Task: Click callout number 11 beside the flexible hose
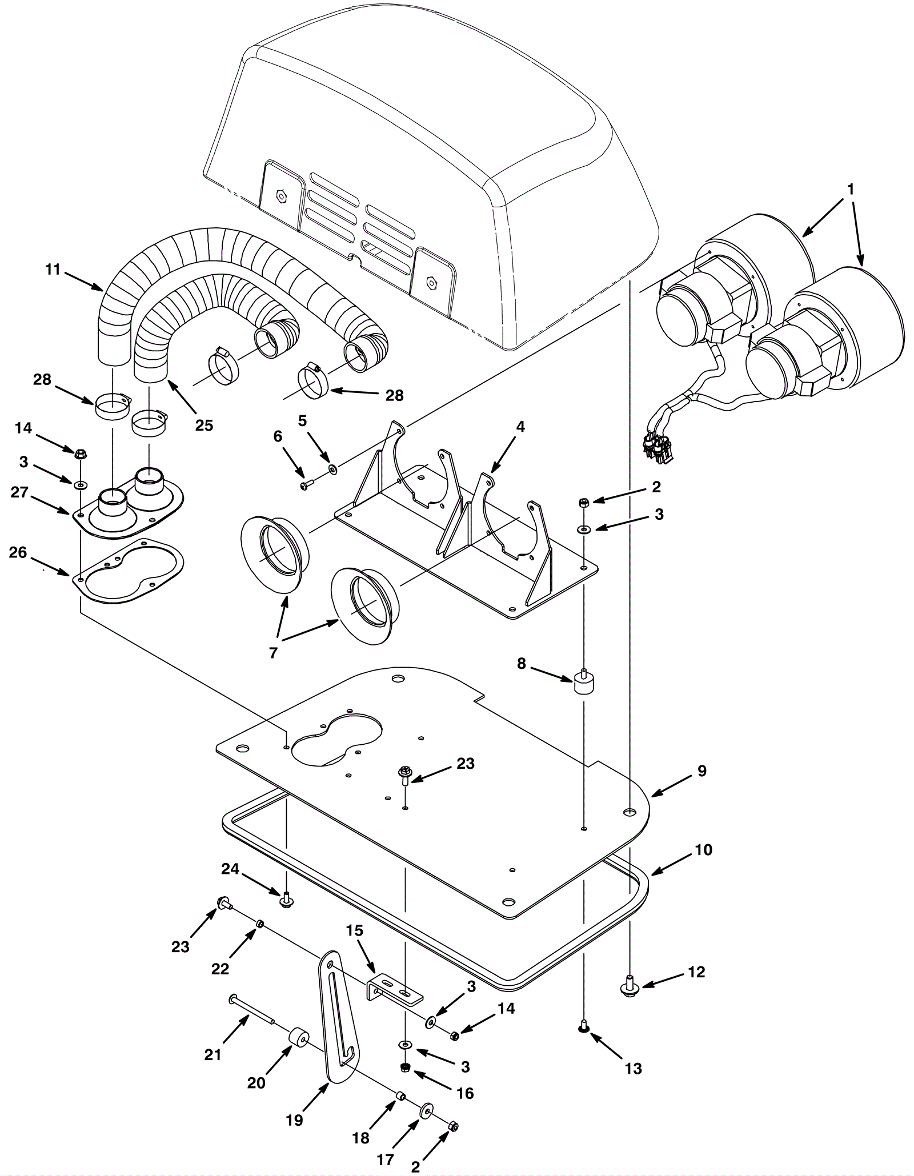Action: coord(53,269)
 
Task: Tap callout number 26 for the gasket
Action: coord(18,553)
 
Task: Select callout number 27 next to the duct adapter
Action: coord(19,492)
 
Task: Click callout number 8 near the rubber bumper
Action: coord(521,664)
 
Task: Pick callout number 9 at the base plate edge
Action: coord(702,771)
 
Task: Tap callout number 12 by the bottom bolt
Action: coord(696,972)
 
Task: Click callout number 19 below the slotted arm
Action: coord(294,1121)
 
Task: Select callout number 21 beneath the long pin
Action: coord(213,1054)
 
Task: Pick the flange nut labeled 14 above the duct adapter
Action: coord(81,453)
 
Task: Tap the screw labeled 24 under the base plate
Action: coord(286,900)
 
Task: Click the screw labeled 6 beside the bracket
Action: coord(305,485)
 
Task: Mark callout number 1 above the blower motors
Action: coord(851,189)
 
